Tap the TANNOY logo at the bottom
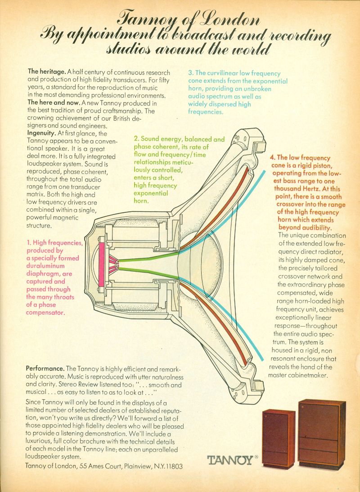click(x=230, y=461)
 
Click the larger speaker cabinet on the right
click(x=322, y=434)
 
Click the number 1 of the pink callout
click(x=28, y=242)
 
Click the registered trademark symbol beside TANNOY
click(x=256, y=457)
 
